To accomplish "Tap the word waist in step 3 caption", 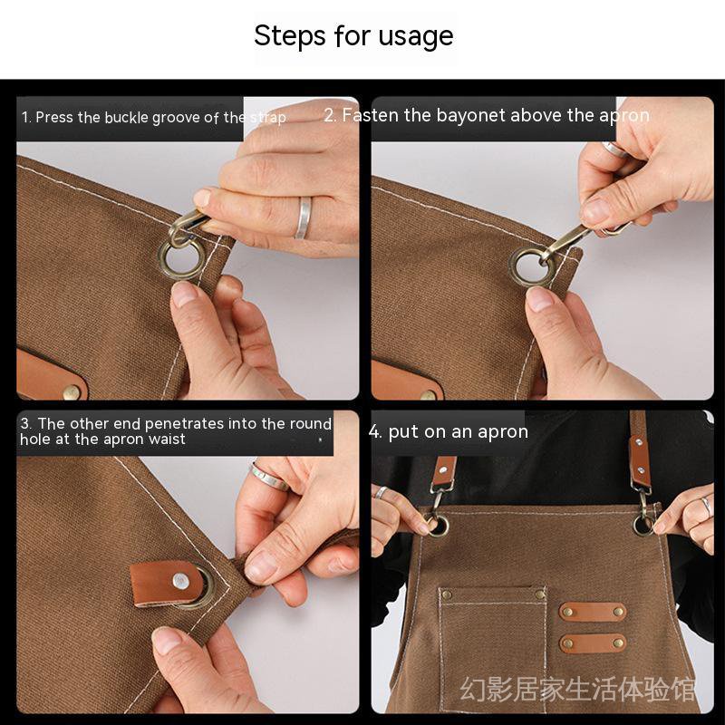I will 167,440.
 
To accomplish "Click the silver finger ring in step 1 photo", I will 303,217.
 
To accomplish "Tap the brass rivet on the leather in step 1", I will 70,392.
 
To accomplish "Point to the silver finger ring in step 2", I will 616,149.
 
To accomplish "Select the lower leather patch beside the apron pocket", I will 592,643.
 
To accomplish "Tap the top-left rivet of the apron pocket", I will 446,594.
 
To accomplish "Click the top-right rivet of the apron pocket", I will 540,594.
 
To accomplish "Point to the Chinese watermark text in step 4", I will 578,691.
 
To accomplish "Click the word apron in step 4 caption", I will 502,432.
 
